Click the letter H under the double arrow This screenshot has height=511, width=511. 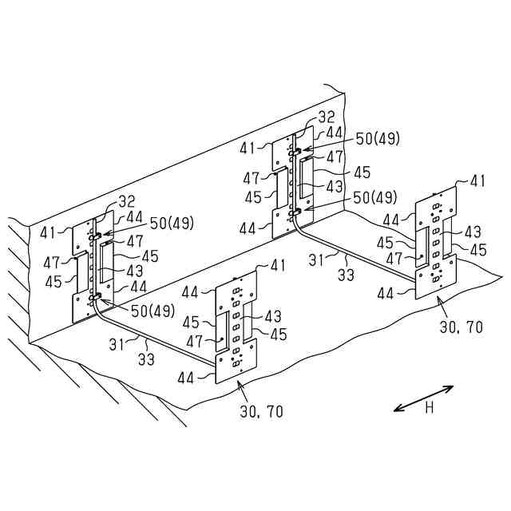[429, 408]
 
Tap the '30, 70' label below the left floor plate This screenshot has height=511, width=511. [261, 412]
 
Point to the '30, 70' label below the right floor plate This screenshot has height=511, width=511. [461, 327]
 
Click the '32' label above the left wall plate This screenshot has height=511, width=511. [127, 201]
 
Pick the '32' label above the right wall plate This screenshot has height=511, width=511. [327, 117]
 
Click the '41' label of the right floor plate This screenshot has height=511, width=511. [477, 181]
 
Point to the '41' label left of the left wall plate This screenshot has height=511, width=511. [49, 232]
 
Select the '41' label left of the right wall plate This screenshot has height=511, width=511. [248, 147]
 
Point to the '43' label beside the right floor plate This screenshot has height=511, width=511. [472, 232]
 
